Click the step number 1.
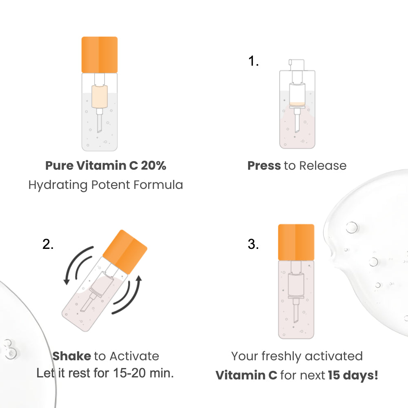[x=253, y=61]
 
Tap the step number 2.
[x=48, y=244]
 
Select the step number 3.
[x=253, y=244]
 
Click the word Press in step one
[x=264, y=166]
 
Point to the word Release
[x=323, y=166]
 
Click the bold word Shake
[x=71, y=356]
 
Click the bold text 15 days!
[x=353, y=375]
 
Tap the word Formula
[x=158, y=185]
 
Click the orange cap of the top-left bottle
[x=100, y=55]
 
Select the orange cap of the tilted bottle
[x=125, y=252]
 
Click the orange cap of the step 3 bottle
[x=296, y=242]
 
